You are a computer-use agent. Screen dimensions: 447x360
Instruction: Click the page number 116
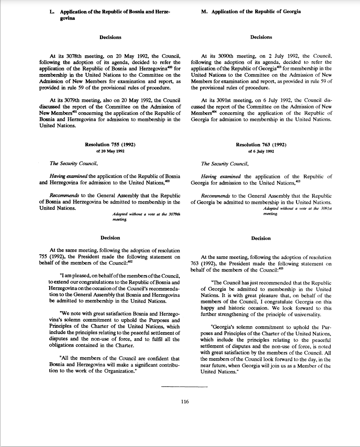pos(185,402)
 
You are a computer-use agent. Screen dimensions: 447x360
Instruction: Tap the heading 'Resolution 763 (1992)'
pos(261,145)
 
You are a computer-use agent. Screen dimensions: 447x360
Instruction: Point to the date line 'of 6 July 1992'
pos(261,151)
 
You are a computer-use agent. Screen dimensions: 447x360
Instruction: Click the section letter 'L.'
pos(52,12)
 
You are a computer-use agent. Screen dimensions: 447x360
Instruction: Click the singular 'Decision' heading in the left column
pos(110,238)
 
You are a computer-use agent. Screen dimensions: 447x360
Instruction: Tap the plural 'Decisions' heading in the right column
pos(261,37)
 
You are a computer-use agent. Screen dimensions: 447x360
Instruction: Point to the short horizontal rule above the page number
pos(185,387)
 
